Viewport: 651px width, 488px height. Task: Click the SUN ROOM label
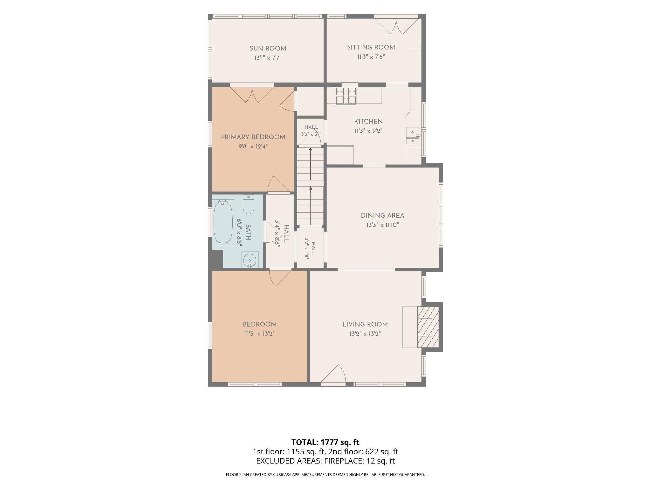[268, 49]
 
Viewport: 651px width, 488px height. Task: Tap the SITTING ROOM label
[371, 47]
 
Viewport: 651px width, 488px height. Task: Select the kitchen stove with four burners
[346, 96]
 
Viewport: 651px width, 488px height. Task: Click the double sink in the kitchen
[412, 136]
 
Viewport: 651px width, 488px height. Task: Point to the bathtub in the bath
[223, 222]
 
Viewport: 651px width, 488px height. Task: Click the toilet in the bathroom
[248, 204]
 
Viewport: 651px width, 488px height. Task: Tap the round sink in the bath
[250, 260]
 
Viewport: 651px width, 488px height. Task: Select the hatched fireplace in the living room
[428, 327]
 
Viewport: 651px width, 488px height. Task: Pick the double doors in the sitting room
[396, 26]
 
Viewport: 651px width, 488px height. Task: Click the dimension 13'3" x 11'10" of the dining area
[382, 225]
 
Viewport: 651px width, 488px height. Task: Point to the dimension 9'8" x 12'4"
[253, 146]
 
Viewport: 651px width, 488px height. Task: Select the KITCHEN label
[368, 121]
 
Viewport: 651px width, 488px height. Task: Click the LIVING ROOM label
[365, 324]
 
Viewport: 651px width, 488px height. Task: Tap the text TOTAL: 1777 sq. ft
[325, 442]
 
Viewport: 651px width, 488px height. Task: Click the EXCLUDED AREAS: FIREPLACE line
[325, 461]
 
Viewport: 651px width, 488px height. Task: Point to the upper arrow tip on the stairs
[310, 149]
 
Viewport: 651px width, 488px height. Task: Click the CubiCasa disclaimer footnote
[325, 475]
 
